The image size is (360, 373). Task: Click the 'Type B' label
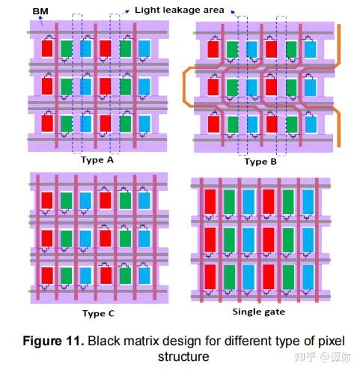[261, 162]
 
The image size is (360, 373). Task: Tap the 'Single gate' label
[259, 312]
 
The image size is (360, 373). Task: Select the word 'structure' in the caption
[184, 357]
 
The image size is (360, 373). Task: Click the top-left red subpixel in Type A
[48, 49]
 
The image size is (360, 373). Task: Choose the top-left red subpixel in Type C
[46, 200]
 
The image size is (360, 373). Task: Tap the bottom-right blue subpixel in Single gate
[308, 278]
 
